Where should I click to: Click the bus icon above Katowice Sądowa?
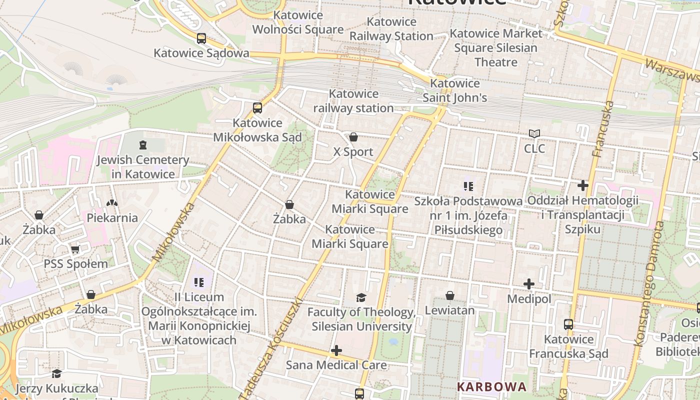click(x=201, y=38)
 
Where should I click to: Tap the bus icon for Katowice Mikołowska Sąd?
click(x=257, y=107)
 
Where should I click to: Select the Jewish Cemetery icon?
click(x=143, y=145)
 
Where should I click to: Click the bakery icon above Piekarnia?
click(x=112, y=203)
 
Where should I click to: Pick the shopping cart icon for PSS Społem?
click(x=75, y=249)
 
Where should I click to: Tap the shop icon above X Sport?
click(x=353, y=137)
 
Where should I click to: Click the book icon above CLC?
click(x=534, y=133)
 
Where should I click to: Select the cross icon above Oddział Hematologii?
click(x=582, y=185)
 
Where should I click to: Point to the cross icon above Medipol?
click(x=529, y=284)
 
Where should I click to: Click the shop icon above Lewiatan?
click(x=450, y=295)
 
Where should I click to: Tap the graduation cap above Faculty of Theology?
click(x=361, y=297)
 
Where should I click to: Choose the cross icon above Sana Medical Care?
click(x=336, y=350)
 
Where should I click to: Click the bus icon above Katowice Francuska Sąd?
click(x=568, y=324)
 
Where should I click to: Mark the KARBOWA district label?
click(x=492, y=386)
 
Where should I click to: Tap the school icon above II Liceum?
click(x=199, y=282)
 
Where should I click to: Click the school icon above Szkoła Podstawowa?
click(x=468, y=186)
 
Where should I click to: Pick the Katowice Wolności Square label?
click(x=297, y=22)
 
